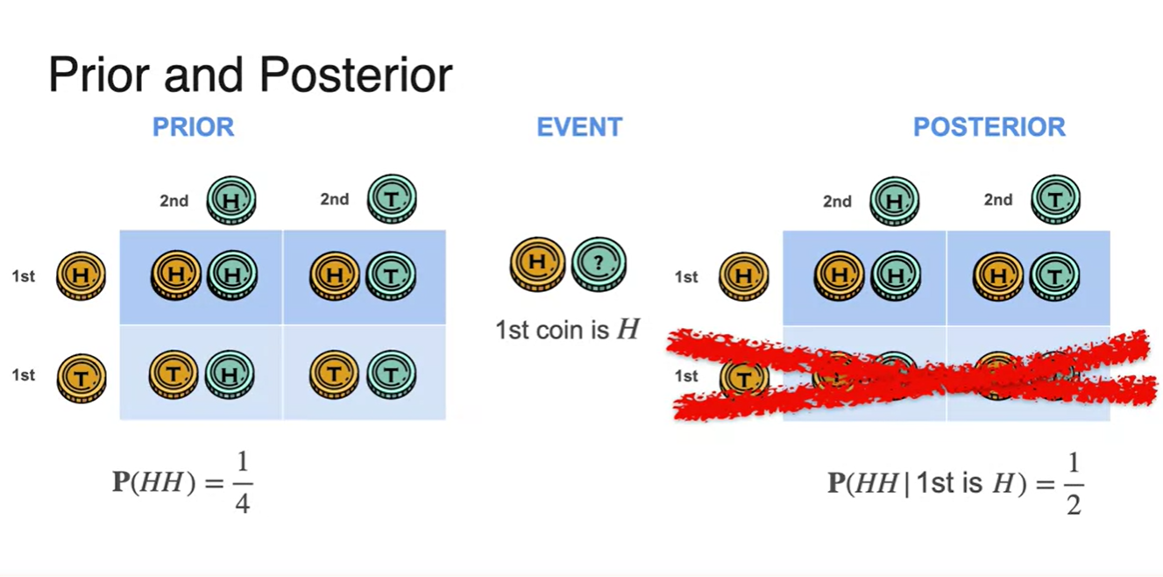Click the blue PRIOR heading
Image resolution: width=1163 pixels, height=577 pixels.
[x=193, y=127]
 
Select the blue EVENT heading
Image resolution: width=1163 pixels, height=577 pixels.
[x=579, y=127]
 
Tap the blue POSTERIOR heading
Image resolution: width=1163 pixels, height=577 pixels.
[x=989, y=127]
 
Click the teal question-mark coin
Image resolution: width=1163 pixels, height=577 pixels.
[x=599, y=263]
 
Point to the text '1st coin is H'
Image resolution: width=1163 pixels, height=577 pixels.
[x=567, y=330]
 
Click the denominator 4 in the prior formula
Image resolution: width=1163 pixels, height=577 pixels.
[x=242, y=503]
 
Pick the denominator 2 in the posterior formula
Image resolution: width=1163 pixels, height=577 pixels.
[x=1074, y=504]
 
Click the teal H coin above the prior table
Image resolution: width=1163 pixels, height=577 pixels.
[x=231, y=200]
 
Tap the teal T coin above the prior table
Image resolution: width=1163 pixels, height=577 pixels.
[x=392, y=200]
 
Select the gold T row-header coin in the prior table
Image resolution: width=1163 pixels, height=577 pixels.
[x=82, y=378]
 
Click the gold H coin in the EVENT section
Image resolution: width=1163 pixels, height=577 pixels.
[x=537, y=263]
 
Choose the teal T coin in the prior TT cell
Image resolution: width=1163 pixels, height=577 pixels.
[x=391, y=374]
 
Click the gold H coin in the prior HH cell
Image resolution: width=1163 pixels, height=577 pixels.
[x=175, y=275]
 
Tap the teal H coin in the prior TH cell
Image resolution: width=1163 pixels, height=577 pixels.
[x=230, y=374]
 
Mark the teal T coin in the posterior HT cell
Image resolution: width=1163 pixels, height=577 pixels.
[x=1054, y=277]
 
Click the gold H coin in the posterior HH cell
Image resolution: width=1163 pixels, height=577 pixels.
[x=839, y=277]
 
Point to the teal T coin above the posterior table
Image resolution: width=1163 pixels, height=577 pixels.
[x=1055, y=200]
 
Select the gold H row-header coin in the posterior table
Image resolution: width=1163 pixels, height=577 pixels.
[x=744, y=277]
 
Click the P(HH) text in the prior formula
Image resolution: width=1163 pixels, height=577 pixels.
[x=154, y=483]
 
